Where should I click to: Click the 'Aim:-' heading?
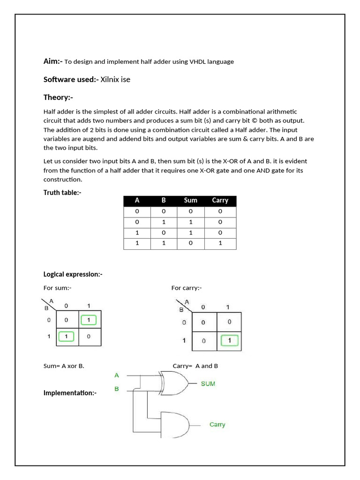[53, 61]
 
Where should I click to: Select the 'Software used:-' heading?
[71, 79]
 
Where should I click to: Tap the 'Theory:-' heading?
[58, 97]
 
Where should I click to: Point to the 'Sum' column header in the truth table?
[191, 201]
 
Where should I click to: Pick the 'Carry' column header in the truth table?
[220, 201]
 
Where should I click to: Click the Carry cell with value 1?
[220, 243]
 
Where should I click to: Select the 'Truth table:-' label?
[62, 193]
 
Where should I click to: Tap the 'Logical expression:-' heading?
[73, 274]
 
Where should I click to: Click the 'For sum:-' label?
[57, 288]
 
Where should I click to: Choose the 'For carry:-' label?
[186, 288]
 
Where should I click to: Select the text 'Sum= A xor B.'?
[64, 366]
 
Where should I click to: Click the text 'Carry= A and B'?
[195, 366]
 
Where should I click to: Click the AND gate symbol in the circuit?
[175, 425]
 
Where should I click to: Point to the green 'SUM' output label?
[208, 384]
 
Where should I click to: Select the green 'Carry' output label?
[217, 425]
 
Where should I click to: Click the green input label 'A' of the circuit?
[117, 375]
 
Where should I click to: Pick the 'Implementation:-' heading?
[70, 393]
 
